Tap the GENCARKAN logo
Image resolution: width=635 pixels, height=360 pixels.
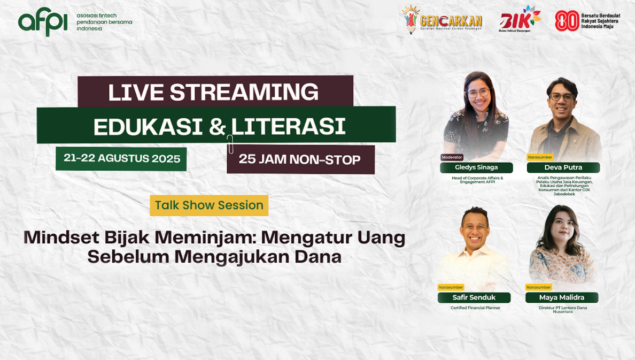[442, 20]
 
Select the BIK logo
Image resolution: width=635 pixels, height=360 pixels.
[520, 19]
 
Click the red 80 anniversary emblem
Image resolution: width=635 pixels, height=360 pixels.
[567, 21]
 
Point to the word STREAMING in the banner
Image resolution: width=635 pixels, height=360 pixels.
[244, 92]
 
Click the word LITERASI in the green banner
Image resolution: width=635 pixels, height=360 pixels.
[288, 126]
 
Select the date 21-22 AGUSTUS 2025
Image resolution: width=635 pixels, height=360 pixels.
[121, 158]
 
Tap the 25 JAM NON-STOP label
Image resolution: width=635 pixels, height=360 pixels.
[299, 159]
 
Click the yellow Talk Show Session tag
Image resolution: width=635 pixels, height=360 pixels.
[209, 205]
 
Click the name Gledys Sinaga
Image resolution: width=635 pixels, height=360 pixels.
[476, 167]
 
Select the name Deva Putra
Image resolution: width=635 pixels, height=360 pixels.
[563, 167]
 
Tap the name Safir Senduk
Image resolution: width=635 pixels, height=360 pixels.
[474, 297]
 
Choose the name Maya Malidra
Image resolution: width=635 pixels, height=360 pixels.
[562, 297]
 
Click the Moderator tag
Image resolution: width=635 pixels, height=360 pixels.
[452, 157]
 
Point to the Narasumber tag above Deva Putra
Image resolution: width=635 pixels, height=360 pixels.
[540, 157]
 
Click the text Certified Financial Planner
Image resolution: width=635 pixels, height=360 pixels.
[475, 308]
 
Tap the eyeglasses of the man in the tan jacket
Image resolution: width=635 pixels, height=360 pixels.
[562, 97]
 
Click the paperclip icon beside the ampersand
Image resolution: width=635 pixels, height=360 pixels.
[230, 144]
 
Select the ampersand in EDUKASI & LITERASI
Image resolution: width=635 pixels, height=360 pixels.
[218, 126]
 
